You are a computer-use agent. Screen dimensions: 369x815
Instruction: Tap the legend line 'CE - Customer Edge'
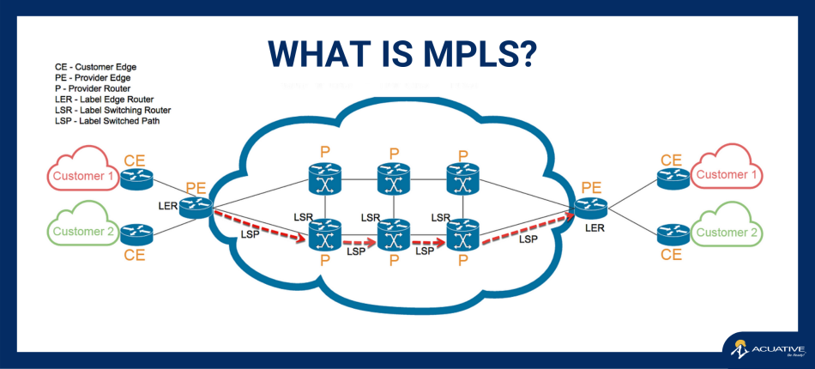point(95,66)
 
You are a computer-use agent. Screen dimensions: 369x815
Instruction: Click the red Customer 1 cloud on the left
point(83,176)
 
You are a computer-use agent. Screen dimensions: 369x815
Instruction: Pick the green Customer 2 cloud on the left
point(83,231)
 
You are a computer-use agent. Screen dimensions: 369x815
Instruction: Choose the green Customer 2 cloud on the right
point(727,232)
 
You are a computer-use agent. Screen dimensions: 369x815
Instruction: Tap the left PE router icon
point(196,206)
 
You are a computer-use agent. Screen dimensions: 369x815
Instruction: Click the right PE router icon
point(590,207)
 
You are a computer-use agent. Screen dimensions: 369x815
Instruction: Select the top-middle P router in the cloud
point(394,182)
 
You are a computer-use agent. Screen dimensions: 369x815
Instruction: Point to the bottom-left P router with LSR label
point(325,232)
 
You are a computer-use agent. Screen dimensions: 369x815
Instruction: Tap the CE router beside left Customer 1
point(136,178)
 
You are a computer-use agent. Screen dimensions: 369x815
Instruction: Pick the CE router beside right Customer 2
point(672,233)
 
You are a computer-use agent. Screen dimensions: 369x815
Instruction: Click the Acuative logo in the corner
point(767,349)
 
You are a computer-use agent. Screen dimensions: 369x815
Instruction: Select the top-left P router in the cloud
point(325,182)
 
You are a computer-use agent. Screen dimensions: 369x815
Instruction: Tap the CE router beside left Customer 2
point(136,233)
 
